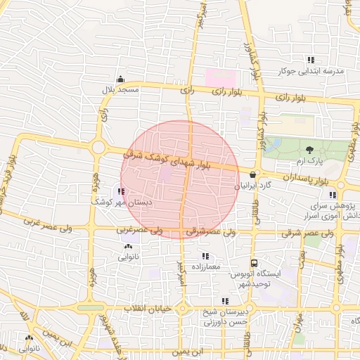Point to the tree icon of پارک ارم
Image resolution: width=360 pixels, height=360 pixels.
309,149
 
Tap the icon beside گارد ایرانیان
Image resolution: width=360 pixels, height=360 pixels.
252,175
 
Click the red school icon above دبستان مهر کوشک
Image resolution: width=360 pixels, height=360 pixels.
122,191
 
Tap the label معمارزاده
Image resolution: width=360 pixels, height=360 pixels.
205,267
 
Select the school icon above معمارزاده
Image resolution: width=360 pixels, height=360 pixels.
205,257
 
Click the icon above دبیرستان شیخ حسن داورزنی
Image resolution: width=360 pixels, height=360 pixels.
225,302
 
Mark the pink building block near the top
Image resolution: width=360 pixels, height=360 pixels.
217,77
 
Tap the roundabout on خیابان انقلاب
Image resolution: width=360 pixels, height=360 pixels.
181,309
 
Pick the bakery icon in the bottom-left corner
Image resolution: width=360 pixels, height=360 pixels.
29,338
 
